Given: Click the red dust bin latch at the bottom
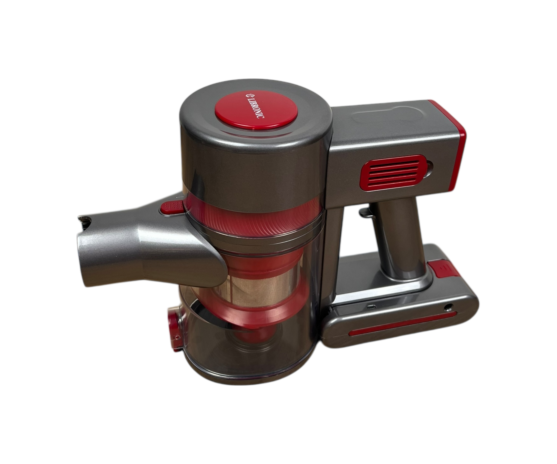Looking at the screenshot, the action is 174,329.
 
